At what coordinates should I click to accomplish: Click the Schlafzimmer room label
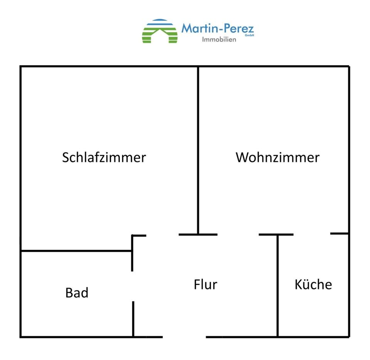pos(104,157)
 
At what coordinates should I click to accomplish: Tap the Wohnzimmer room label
pos(277,157)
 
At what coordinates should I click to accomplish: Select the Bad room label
pos(77,293)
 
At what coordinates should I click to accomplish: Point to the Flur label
pos(205,284)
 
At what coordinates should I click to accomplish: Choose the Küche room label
pos(313,284)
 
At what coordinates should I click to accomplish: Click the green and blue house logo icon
pos(160,31)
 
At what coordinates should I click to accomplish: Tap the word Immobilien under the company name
pos(219,39)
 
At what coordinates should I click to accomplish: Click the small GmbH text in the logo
pos(249,35)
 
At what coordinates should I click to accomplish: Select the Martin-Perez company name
pos(217,28)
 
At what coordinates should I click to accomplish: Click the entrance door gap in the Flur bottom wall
pos(184,337)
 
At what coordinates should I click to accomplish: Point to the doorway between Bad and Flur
pos(133,286)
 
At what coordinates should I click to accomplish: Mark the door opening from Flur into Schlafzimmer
pos(162,234)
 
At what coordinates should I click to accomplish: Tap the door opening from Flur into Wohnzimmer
pos(238,234)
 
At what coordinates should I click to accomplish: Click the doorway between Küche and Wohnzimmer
pos(312,234)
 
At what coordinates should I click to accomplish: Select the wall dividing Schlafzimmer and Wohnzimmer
pos(198,150)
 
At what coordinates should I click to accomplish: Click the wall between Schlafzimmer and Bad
pos(76,251)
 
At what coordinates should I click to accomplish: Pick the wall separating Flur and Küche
pos(277,285)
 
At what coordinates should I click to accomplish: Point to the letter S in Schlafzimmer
pos(66,157)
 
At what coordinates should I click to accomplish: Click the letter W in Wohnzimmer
pos(242,157)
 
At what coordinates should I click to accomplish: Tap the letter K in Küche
pos(298,284)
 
